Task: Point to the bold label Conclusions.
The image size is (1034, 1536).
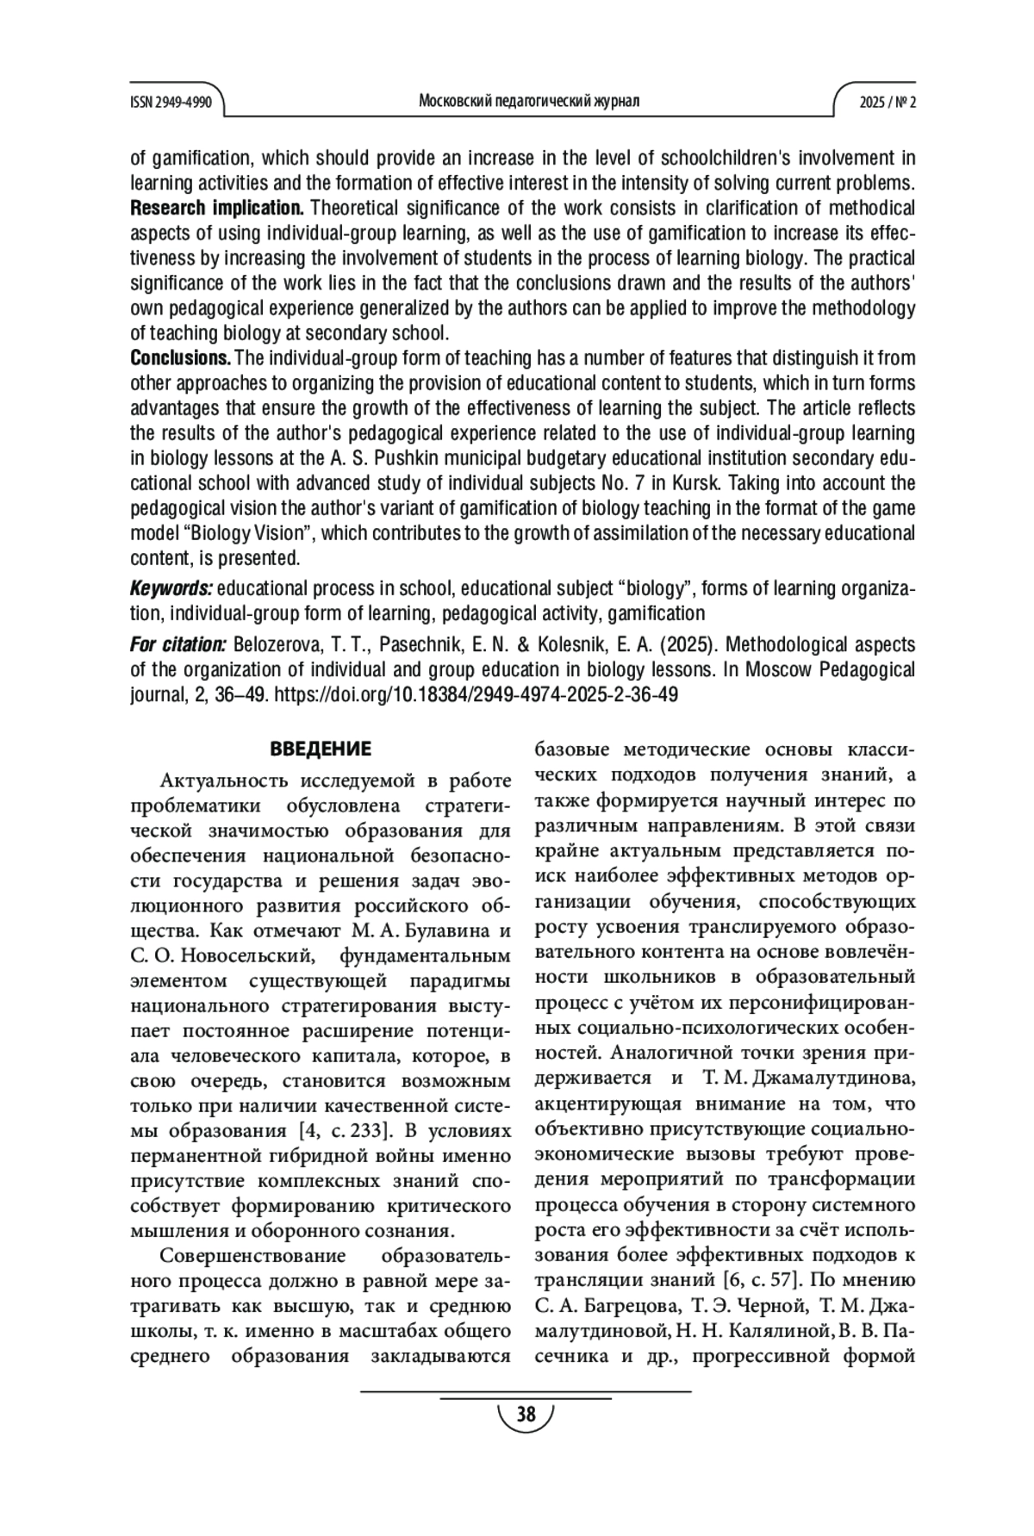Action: [x=180, y=358]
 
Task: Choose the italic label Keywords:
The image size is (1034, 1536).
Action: [x=171, y=589]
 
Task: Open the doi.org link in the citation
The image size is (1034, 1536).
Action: [x=475, y=695]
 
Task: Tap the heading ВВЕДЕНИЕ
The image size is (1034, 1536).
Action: [x=321, y=749]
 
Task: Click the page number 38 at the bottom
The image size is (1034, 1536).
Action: [x=525, y=1415]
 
